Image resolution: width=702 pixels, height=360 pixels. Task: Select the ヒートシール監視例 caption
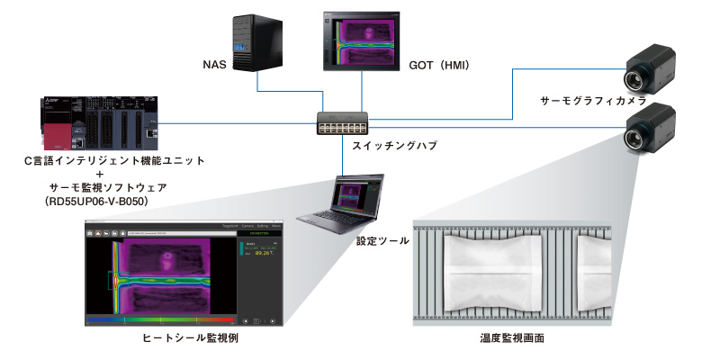190,338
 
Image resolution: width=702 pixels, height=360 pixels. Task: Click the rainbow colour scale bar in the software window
158,319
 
